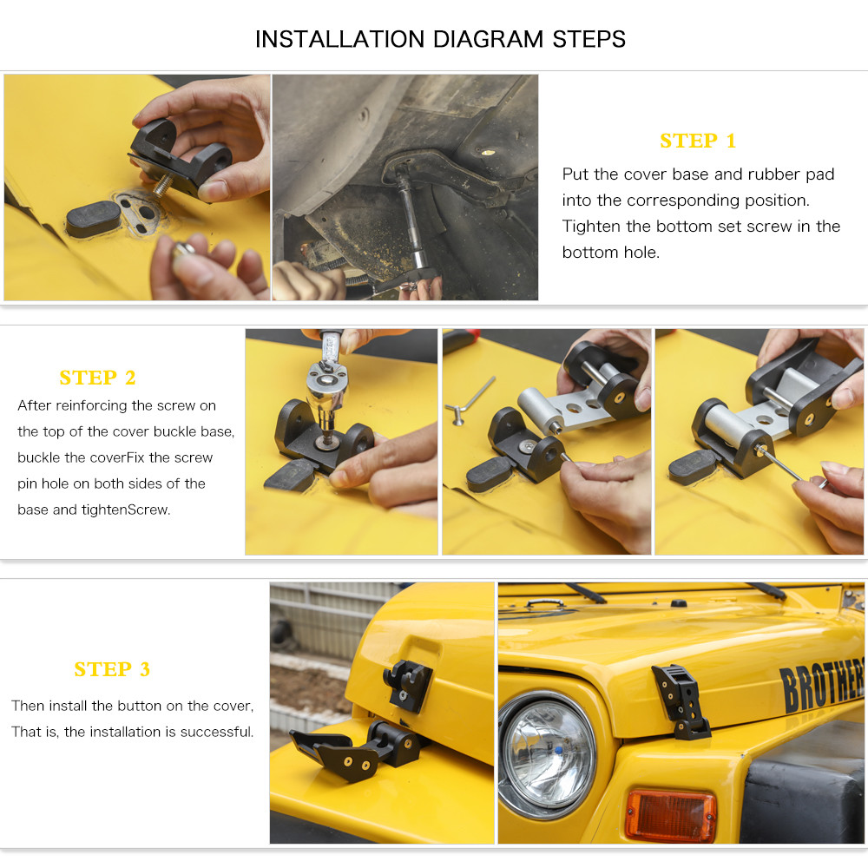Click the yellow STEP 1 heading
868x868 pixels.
click(x=697, y=141)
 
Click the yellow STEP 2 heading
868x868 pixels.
click(x=97, y=378)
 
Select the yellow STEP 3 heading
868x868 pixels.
click(x=112, y=669)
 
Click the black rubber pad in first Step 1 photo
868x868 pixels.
click(x=93, y=219)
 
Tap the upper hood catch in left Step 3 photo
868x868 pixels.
click(x=405, y=683)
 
